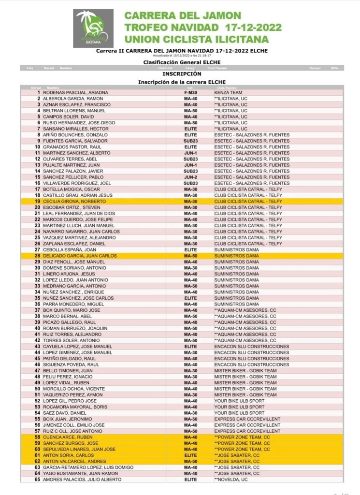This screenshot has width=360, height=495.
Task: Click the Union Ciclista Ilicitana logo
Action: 93,29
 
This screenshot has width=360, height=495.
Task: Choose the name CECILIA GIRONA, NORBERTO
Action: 77,201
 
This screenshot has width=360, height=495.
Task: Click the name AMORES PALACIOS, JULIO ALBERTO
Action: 83,480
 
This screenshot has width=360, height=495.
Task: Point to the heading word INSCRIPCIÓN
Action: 182,74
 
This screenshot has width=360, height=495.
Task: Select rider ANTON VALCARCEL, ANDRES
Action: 75,461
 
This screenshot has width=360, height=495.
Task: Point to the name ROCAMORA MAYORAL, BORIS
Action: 75,407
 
